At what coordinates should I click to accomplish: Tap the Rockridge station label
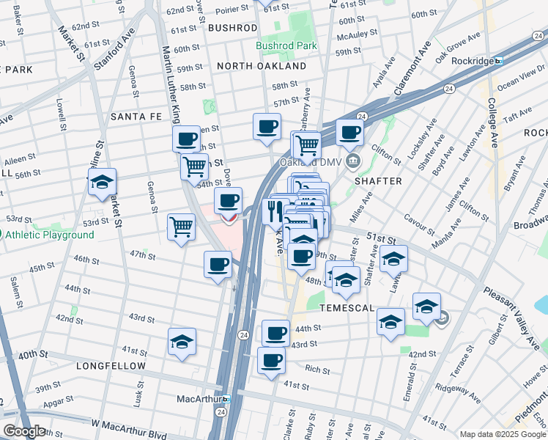tap(471, 61)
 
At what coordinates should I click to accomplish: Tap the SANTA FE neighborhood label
tap(135, 117)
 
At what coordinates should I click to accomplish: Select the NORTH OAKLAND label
tap(262, 66)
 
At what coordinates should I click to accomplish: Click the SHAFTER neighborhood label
tap(378, 181)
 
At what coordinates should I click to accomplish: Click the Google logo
tap(23, 431)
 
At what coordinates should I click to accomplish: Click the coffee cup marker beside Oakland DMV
tap(350, 133)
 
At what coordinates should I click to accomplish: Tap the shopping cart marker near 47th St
tap(181, 226)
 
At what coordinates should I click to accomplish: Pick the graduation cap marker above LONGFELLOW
tap(182, 341)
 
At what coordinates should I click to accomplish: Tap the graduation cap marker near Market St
tap(102, 181)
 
